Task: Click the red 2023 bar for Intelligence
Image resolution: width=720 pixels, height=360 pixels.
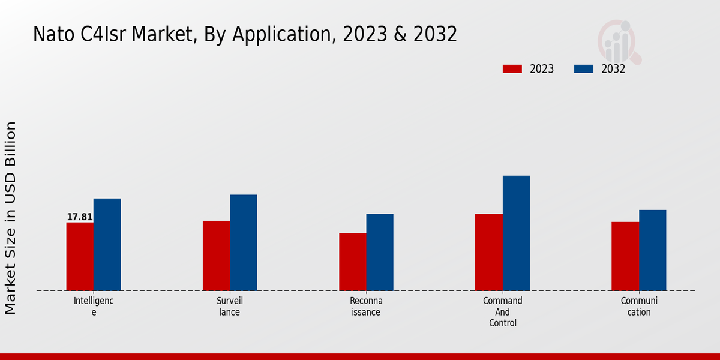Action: pos(80,257)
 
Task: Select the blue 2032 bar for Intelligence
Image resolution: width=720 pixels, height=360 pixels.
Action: pos(107,245)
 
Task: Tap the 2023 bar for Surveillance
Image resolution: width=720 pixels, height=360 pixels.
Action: pos(216,256)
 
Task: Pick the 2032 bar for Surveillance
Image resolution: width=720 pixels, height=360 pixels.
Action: pos(243,242)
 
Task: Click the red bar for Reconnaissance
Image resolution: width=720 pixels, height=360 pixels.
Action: pos(352,262)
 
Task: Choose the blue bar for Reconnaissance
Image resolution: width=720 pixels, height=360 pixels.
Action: pos(380,252)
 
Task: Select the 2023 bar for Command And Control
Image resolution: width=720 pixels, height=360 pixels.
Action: pos(488,252)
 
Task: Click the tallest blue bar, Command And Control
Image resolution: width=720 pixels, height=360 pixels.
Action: pos(516,233)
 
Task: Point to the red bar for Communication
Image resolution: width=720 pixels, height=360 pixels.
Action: pos(625,256)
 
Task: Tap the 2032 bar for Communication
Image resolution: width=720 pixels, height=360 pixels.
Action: pos(652,250)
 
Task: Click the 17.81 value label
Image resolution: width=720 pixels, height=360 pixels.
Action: pos(80,217)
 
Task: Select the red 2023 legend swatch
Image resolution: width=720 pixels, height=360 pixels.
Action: pos(512,69)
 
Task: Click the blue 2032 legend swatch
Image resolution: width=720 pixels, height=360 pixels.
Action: pos(583,69)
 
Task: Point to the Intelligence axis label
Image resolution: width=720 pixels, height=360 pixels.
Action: pos(94,306)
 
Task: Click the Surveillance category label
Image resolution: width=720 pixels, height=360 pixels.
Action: pos(230,306)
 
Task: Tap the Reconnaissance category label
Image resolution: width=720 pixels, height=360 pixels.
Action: pos(366,306)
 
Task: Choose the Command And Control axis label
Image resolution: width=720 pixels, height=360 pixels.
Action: pos(503,311)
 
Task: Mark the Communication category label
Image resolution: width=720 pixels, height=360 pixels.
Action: pos(639,306)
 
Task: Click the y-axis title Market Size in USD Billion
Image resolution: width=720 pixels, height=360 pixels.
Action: pos(11,218)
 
